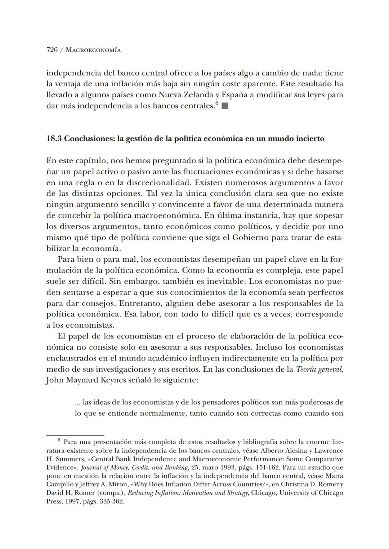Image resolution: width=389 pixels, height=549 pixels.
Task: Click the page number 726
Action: click(x=52, y=50)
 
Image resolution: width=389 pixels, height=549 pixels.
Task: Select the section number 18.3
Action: click(x=54, y=139)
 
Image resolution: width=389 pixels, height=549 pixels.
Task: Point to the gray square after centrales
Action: click(x=225, y=106)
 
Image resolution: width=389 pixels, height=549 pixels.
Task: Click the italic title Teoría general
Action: click(x=319, y=369)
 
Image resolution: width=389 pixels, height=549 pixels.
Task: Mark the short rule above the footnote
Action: click(x=75, y=435)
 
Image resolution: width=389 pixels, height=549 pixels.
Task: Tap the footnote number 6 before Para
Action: click(x=59, y=440)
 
